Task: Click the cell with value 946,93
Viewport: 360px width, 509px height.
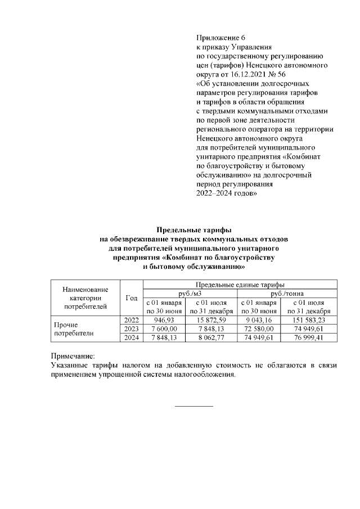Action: click(x=165, y=320)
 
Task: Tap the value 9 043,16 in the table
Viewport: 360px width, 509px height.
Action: click(x=259, y=320)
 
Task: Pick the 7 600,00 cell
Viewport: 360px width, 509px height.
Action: click(x=165, y=328)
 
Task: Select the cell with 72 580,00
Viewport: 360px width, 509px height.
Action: click(x=259, y=328)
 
